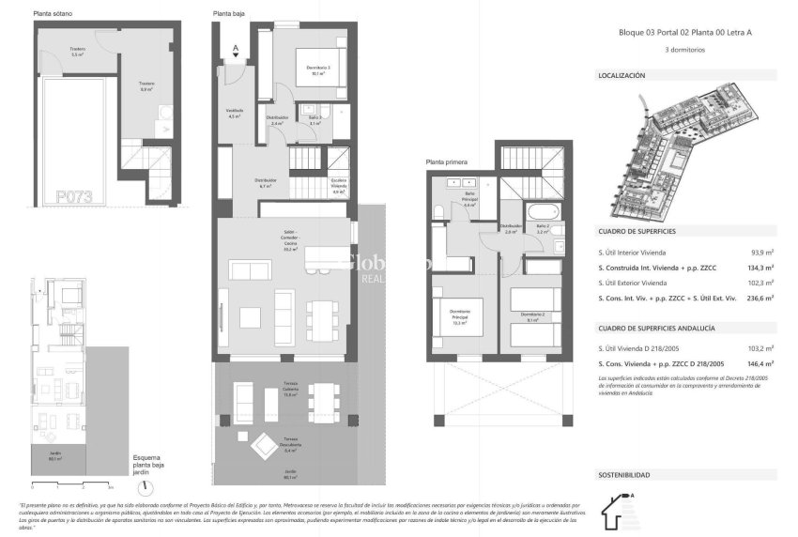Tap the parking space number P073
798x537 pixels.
coord(73,196)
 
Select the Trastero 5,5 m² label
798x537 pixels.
coord(78,53)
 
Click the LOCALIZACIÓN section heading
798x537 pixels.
coord(622,74)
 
